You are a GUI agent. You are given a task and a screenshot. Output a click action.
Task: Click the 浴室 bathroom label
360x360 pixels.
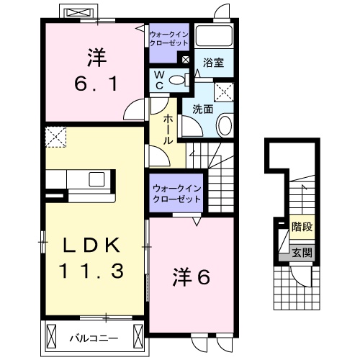click(x=212, y=63)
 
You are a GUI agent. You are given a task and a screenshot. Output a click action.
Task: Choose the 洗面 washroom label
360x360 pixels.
click(x=202, y=109)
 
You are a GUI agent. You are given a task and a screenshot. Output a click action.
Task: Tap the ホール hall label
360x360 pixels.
click(x=168, y=130)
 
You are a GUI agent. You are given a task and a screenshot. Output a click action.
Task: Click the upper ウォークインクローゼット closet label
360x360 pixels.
click(x=169, y=37)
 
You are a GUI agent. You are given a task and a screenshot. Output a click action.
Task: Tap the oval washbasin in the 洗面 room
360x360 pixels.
click(x=223, y=127)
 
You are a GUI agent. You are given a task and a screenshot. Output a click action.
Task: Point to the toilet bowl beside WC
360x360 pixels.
click(x=179, y=80)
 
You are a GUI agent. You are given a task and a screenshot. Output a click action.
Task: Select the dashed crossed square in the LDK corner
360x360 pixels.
click(x=55, y=136)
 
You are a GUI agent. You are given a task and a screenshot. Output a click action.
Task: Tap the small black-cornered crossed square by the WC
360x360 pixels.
click(x=186, y=60)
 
